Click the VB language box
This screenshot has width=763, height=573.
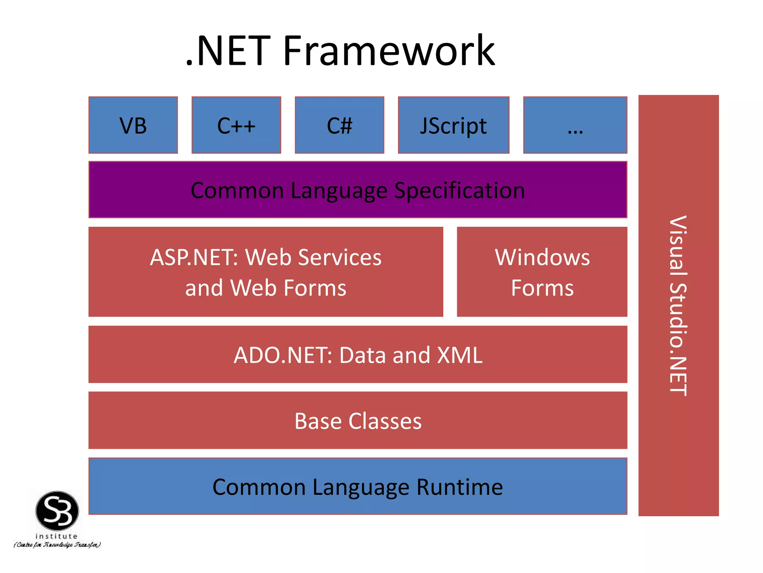[133, 125]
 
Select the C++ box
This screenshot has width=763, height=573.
[236, 125]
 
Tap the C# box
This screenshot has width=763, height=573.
[339, 125]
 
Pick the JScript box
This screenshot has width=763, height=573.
[453, 125]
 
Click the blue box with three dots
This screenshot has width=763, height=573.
[575, 125]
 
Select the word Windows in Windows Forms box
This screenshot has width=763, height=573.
[542, 257]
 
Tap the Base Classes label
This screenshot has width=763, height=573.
[358, 421]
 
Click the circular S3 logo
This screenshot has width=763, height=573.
[57, 511]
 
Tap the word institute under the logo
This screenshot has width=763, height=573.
[57, 536]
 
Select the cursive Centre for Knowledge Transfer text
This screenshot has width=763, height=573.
[57, 545]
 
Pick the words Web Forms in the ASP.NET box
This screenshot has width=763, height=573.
[288, 288]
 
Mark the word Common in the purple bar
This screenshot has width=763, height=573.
[237, 191]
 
